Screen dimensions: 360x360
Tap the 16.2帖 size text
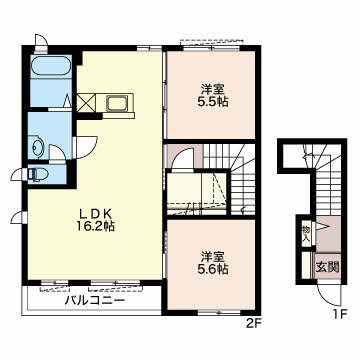point(95,227)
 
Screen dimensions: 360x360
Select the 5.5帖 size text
point(212,101)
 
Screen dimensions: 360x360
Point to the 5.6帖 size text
point(212,269)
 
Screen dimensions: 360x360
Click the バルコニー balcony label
point(95,301)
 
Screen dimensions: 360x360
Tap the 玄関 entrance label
point(327,267)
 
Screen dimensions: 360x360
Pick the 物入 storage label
point(306,234)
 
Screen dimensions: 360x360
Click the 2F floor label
point(254,323)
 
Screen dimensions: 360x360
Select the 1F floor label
point(340,314)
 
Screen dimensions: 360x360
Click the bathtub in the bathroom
point(51,66)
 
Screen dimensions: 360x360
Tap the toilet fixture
point(37,174)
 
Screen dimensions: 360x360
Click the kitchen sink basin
point(117,103)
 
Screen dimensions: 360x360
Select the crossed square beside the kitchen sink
point(86,103)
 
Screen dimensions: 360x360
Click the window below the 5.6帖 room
point(219,313)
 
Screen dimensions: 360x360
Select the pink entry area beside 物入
point(328,233)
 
